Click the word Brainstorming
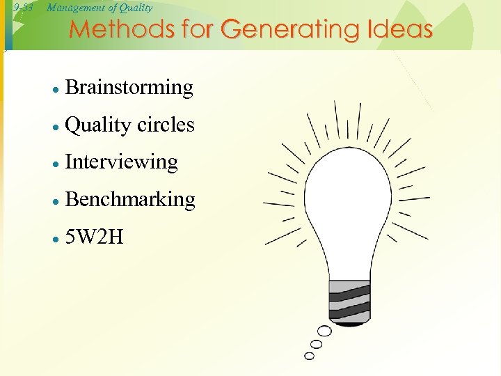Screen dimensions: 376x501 [129, 88]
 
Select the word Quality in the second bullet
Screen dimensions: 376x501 [97, 125]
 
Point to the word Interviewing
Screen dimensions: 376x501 [121, 162]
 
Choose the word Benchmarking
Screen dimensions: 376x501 [129, 199]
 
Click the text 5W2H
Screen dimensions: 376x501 [94, 237]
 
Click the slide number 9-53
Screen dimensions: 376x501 [24, 8]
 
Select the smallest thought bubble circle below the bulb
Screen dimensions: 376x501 [309, 356]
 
